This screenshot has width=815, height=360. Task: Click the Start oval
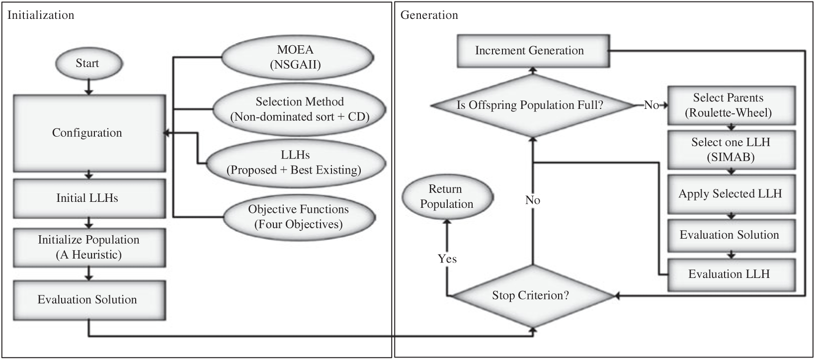coord(87,64)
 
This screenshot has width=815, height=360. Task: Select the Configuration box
coord(88,133)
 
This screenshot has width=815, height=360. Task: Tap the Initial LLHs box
coord(88,198)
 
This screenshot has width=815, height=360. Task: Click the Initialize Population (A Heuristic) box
coord(88,247)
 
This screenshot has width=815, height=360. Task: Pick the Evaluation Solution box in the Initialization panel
coord(88,299)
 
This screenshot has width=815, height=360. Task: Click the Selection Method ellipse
coord(300,109)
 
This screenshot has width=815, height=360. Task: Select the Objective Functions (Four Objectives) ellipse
coord(299,216)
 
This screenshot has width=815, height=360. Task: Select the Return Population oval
coord(446,196)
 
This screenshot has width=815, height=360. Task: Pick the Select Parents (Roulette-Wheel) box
coord(730,105)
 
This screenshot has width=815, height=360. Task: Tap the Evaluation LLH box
coord(730,274)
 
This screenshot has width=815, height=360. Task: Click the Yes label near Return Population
coord(447,259)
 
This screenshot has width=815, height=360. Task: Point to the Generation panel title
coord(429,15)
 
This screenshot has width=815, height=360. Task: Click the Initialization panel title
coord(41,15)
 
